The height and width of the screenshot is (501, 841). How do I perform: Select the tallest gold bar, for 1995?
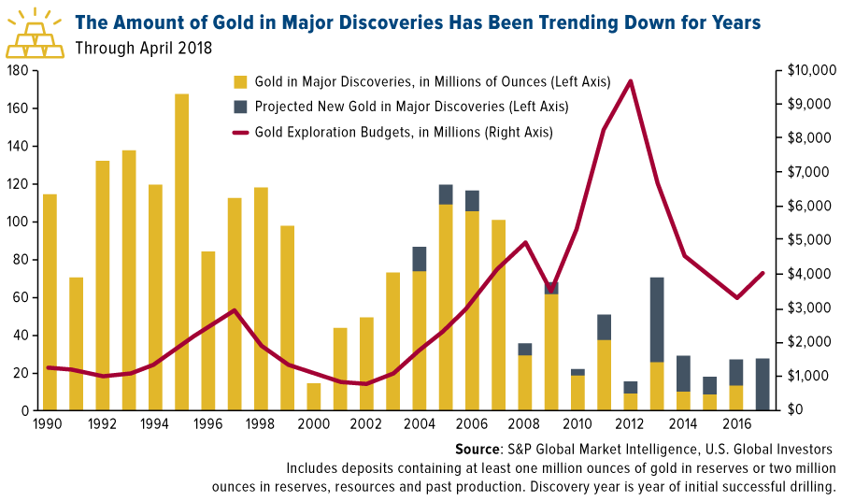pyautogui.click(x=181, y=252)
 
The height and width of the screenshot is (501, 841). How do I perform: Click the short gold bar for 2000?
pyautogui.click(x=314, y=396)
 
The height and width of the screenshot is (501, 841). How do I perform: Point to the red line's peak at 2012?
pyautogui.click(x=631, y=81)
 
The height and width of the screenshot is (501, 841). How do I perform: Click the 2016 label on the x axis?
pyautogui.click(x=737, y=423)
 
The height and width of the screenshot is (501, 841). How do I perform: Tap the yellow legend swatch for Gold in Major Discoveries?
pyautogui.click(x=240, y=82)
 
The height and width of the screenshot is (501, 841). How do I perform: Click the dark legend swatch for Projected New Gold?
pyautogui.click(x=240, y=107)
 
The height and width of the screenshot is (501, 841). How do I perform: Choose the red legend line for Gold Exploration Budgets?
pyautogui.click(x=244, y=133)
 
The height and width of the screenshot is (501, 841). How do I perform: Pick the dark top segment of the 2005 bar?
pyautogui.click(x=446, y=194)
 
